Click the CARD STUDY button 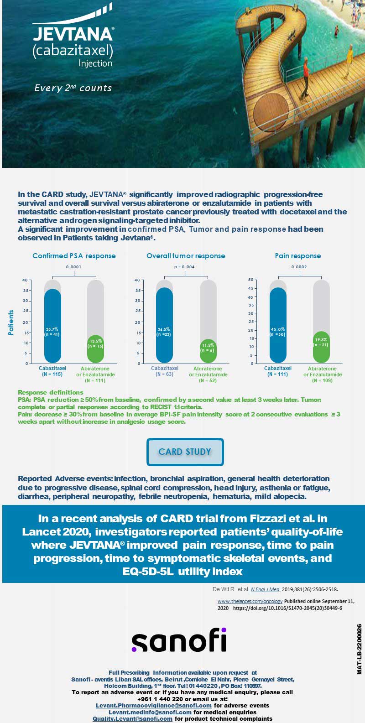pyautogui.click(x=185, y=452)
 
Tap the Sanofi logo pyautogui.click(x=179, y=640)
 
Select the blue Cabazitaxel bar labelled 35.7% pyautogui.click(x=52, y=326)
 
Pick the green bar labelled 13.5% pyautogui.click(x=95, y=349)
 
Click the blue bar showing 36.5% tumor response pyautogui.click(x=164, y=325)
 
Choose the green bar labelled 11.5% pyautogui.click(x=208, y=351)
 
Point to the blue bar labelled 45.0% pyautogui.click(x=278, y=325)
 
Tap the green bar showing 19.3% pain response pyautogui.click(x=322, y=347)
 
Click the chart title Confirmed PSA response pyautogui.click(x=74, y=255)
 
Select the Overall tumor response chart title pyautogui.click(x=186, y=255)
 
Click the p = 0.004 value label pyautogui.click(x=184, y=267)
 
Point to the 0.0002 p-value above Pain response pyautogui.click(x=299, y=267)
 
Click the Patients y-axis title pyautogui.click(x=11, y=322)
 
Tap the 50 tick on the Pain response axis pyautogui.click(x=251, y=280)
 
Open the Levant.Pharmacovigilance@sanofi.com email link pyautogui.click(x=154, y=706)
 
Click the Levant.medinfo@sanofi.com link pyautogui.click(x=150, y=712)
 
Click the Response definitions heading pyautogui.click(x=51, y=392)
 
